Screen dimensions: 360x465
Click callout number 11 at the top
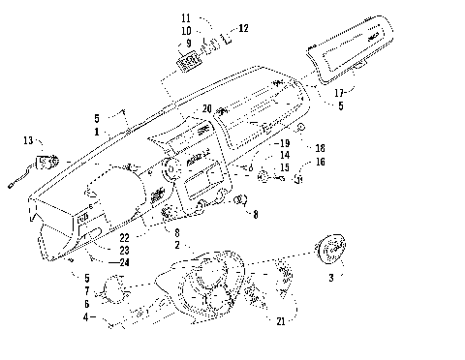[186, 18]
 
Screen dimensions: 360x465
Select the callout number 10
[186, 30]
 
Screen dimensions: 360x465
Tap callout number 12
[243, 28]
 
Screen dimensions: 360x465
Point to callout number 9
[185, 43]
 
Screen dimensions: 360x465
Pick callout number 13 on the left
[27, 141]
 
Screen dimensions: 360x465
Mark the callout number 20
[207, 108]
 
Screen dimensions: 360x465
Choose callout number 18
[320, 147]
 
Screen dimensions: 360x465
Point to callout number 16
[319, 162]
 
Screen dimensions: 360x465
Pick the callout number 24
[126, 262]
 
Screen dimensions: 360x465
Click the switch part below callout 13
[45, 162]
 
